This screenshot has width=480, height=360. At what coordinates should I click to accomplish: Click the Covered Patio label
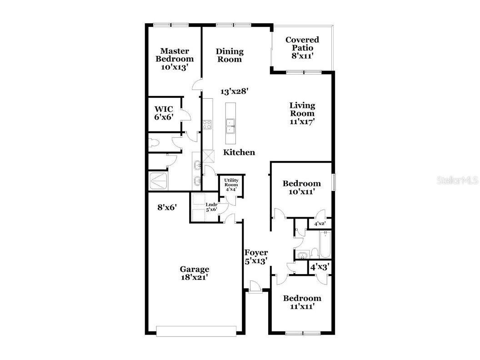[302, 47]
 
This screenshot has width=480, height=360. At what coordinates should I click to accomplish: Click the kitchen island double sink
[230, 125]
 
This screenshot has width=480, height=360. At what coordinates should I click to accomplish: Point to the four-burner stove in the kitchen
[207, 124]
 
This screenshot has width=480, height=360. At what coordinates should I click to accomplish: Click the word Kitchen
[239, 152]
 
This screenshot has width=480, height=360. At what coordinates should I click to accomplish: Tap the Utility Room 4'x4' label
[231, 185]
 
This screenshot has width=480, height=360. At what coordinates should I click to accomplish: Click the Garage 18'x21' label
[195, 273]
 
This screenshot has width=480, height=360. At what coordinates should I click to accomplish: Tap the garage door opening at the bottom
[196, 331]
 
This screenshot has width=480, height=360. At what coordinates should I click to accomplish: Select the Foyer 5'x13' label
[256, 256]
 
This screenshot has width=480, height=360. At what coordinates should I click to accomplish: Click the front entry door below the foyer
[256, 288]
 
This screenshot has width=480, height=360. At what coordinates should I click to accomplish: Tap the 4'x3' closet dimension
[320, 267]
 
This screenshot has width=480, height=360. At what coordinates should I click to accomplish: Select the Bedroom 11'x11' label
[302, 302]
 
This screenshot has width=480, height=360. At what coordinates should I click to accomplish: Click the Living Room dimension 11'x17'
[302, 121]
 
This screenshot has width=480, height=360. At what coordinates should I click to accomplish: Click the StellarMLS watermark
[457, 180]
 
